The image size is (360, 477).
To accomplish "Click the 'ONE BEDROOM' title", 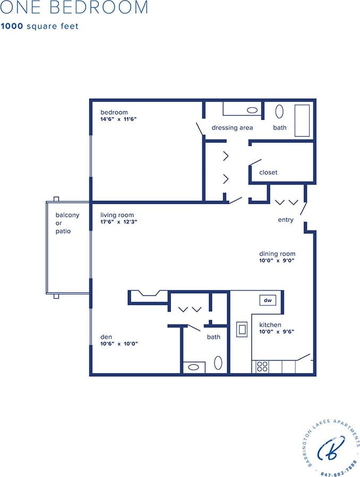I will (x=74, y=8).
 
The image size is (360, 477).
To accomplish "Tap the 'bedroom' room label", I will (x=114, y=112).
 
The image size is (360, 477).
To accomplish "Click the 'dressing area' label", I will (x=232, y=128).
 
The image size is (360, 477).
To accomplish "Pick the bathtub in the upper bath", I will (x=302, y=120).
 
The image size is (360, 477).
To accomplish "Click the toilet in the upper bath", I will (x=279, y=112).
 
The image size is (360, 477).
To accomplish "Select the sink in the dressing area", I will (x=253, y=111).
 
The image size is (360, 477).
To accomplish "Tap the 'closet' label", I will (x=268, y=172).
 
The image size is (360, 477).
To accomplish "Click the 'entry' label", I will (x=285, y=220).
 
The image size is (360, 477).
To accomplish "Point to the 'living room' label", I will (x=117, y=215).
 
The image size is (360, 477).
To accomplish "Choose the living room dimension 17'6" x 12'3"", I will (x=119, y=222).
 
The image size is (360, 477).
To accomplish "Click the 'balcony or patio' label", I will (x=67, y=223).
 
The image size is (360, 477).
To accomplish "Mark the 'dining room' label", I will (x=277, y=254).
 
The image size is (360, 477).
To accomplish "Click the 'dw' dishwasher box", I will (x=268, y=301).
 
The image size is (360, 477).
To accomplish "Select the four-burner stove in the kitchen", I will (x=262, y=367).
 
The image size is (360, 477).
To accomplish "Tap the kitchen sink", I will (x=242, y=329).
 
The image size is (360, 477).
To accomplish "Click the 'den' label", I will (x=106, y=336).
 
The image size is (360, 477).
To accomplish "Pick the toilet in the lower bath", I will (x=218, y=363).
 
